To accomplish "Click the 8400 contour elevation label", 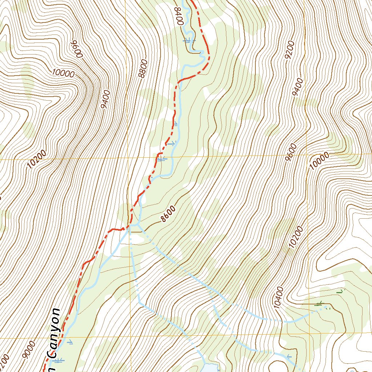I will pos(178,16).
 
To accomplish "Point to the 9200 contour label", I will pos(290,50).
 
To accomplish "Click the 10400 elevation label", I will pos(279,298).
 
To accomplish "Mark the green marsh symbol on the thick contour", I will pos(319,303).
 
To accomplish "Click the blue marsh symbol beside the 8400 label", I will pos(188,41).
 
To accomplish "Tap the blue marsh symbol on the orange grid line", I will pos(162,158).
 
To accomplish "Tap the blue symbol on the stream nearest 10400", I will pos(289,356).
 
